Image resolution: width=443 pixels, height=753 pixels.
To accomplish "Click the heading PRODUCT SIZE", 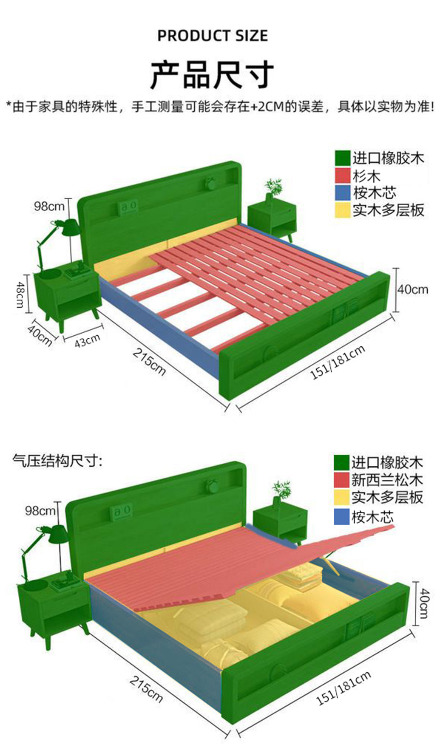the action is pos(212,36).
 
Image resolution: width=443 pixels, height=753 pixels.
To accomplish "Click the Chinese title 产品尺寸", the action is pos(211,74).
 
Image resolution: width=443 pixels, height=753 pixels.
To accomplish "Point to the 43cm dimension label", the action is pos(87,340).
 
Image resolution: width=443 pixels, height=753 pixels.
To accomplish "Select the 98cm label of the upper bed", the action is pos(49,207).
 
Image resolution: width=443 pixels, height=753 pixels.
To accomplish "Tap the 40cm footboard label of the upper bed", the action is pos(412,289).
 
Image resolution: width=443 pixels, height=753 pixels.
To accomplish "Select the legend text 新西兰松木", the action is pos(386,480).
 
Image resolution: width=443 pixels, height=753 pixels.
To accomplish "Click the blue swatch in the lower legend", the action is pos(341,516).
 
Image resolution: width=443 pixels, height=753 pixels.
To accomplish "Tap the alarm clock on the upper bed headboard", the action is pos(210,183).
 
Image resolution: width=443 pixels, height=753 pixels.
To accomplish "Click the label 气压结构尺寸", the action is pos(57,460).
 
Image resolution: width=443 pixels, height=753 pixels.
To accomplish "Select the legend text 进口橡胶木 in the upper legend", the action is pos(387,158).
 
